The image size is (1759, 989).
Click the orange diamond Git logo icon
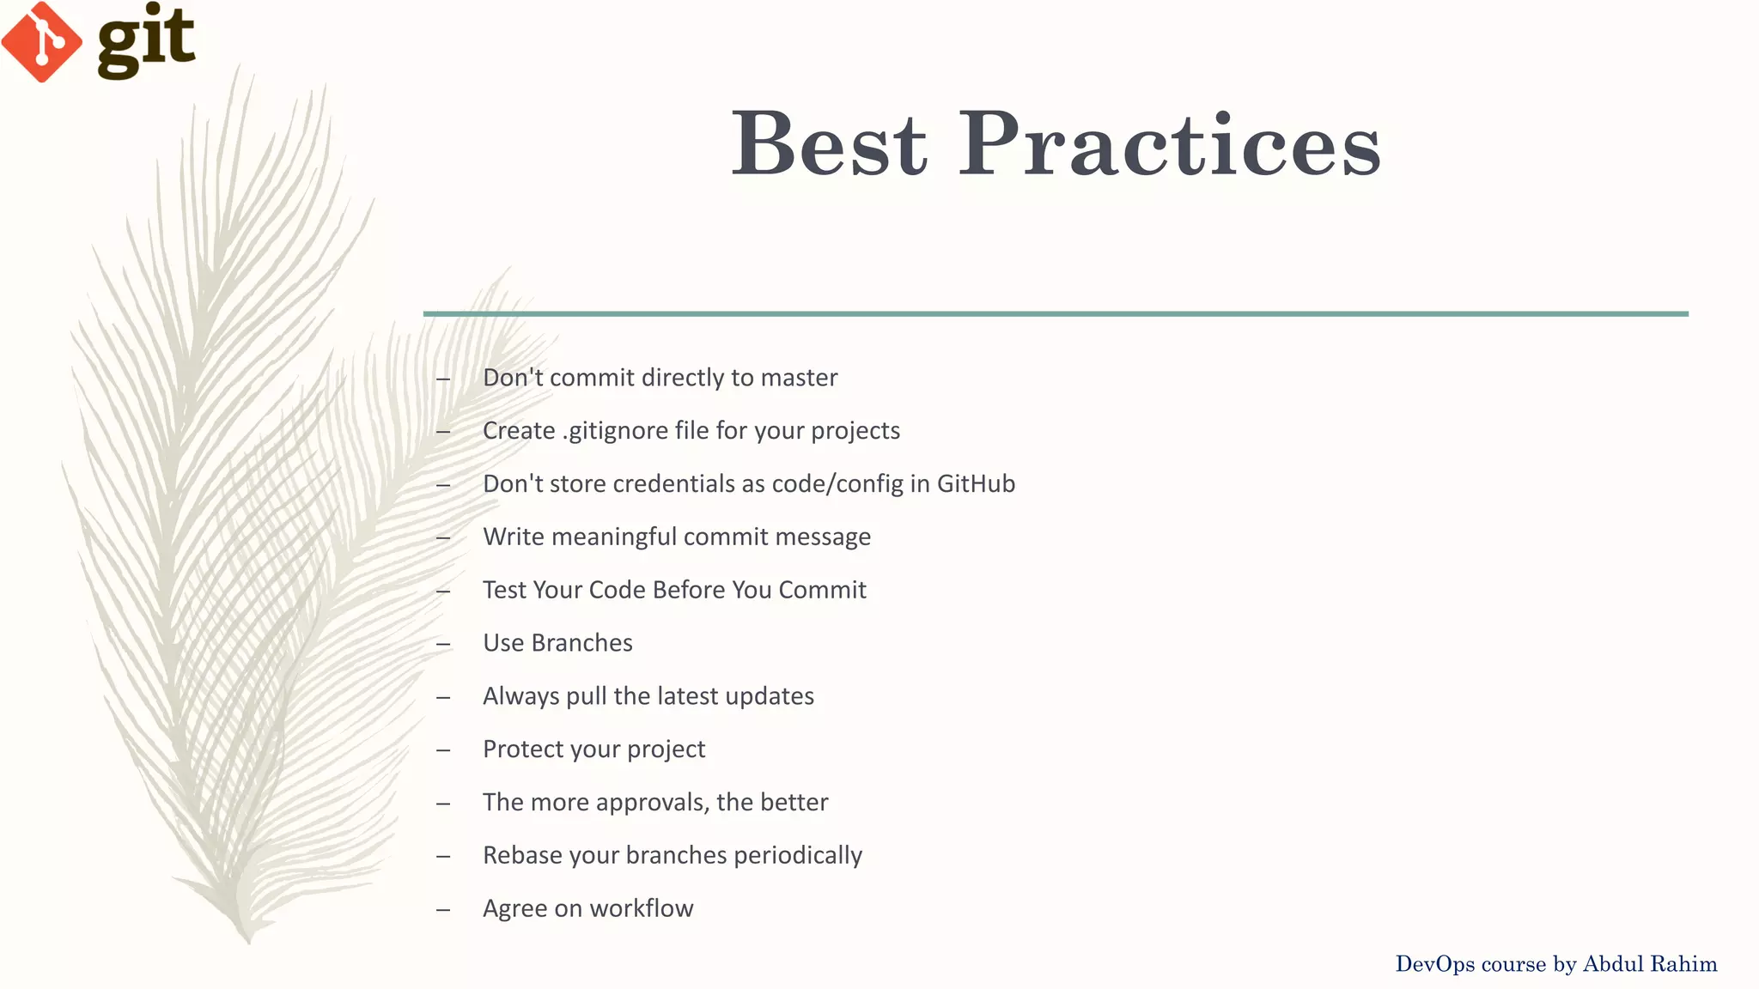click(x=41, y=41)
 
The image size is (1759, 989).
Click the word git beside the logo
click(x=146, y=41)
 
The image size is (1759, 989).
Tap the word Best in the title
click(x=829, y=143)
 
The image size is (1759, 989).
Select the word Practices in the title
click(x=1169, y=143)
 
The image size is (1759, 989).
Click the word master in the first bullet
click(x=799, y=378)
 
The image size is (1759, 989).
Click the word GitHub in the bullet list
click(x=976, y=483)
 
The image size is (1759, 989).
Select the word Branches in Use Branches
click(x=581, y=643)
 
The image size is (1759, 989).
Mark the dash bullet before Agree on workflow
click(x=443, y=909)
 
